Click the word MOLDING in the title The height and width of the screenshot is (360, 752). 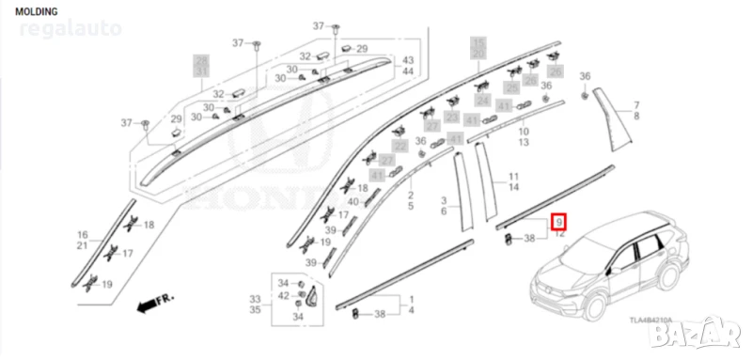[x=36, y=11]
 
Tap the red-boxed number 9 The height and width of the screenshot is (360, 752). [x=559, y=222]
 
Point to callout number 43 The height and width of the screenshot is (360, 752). [x=409, y=60]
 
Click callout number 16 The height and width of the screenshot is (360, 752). [x=82, y=234]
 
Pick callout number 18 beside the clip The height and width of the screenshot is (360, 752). [x=149, y=225]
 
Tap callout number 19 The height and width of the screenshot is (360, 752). [x=107, y=284]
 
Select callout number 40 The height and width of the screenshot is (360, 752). [x=353, y=203]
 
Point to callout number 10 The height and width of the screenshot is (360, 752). [x=524, y=132]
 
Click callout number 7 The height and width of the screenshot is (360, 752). [x=635, y=104]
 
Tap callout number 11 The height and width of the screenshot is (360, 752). [x=514, y=177]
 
